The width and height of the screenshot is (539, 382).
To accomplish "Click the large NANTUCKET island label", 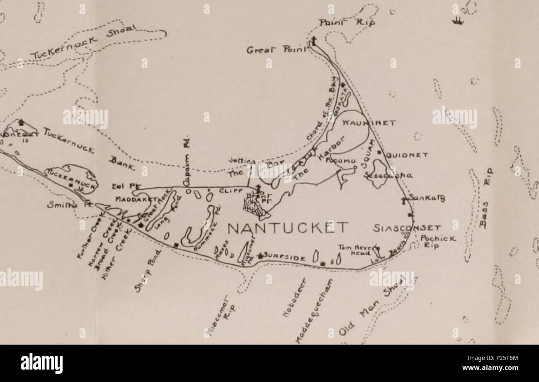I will pos(288,228).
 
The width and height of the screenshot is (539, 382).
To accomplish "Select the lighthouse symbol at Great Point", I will pos(313,41).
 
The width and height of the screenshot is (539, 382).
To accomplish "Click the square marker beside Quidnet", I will pos(379,152).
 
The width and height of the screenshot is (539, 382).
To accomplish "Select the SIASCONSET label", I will pos(406,228).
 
